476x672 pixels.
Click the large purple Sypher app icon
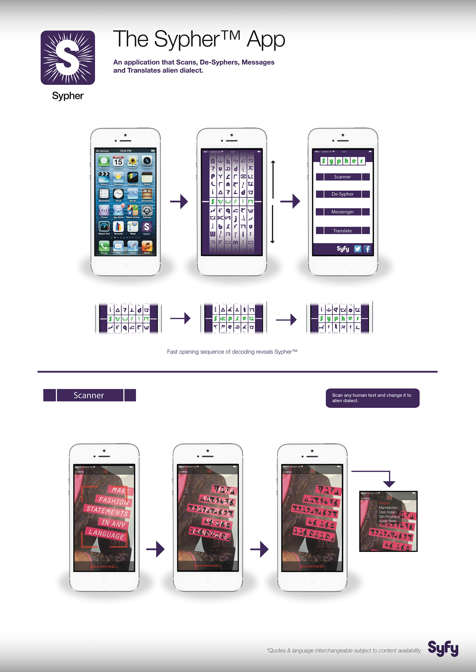68,58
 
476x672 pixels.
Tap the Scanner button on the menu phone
342,177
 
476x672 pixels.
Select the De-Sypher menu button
342,194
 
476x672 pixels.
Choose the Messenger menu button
342,212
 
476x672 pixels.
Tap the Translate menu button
342,231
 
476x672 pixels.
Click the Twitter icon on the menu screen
357,249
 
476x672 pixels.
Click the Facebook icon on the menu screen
367,249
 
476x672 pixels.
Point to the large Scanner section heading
89,395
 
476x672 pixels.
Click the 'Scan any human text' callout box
372,398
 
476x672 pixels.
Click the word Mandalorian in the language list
388,507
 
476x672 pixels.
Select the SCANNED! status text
312,566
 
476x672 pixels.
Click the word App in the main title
266,40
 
